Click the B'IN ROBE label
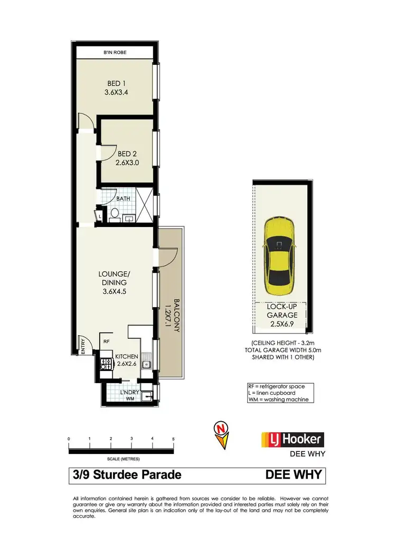[115, 53]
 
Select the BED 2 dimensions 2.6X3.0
[127, 163]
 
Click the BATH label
[123, 198]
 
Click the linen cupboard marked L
[100, 215]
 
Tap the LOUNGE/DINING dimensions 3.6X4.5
[114, 290]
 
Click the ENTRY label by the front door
[82, 345]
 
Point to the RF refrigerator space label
[106, 341]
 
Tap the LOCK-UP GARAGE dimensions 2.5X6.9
[281, 325]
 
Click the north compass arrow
[222, 432]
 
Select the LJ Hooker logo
[293, 439]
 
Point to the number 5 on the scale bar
[173, 439]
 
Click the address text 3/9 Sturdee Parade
[127, 475]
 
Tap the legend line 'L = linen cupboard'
[276, 393]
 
